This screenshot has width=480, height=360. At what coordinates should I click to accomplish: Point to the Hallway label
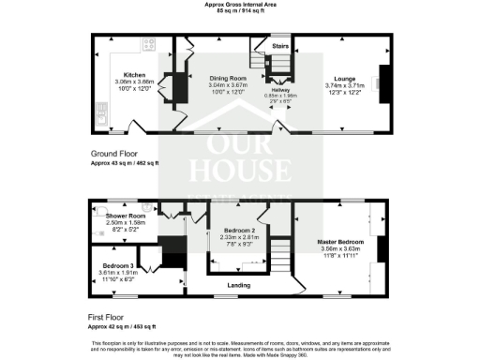tap(278, 91)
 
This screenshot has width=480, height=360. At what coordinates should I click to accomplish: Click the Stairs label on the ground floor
tap(279, 44)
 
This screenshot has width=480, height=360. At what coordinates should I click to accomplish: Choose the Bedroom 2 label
tap(240, 230)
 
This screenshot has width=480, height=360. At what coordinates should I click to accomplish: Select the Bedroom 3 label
tap(118, 265)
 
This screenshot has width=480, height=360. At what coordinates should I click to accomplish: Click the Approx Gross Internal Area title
tap(240, 5)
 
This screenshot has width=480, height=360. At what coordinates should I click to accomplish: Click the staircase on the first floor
tap(278, 251)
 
